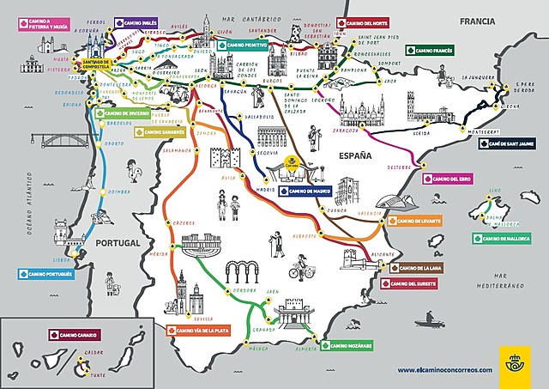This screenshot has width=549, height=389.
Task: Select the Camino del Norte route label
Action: (x=364, y=23)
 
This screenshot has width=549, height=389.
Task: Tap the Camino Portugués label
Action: (x=45, y=273)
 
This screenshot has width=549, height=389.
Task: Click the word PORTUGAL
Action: (x=118, y=245)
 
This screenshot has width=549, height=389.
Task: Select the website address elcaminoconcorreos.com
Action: (x=444, y=369)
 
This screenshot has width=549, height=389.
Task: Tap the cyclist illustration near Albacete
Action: (x=299, y=268)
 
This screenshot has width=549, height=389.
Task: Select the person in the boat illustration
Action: (x=429, y=320)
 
